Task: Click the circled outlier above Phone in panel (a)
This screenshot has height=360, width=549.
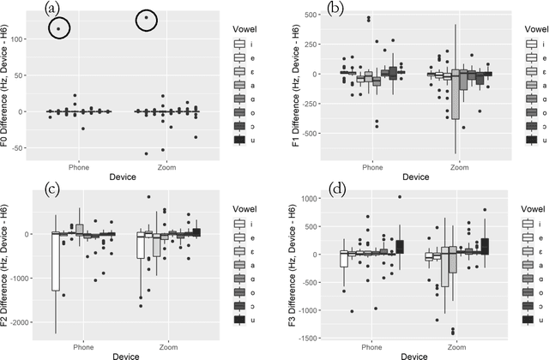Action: (x=59, y=29)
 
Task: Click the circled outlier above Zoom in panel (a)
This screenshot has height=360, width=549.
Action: (x=147, y=18)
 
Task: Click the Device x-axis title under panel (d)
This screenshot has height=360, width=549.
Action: (x=401, y=354)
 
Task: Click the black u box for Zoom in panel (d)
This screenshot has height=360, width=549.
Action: (x=485, y=245)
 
